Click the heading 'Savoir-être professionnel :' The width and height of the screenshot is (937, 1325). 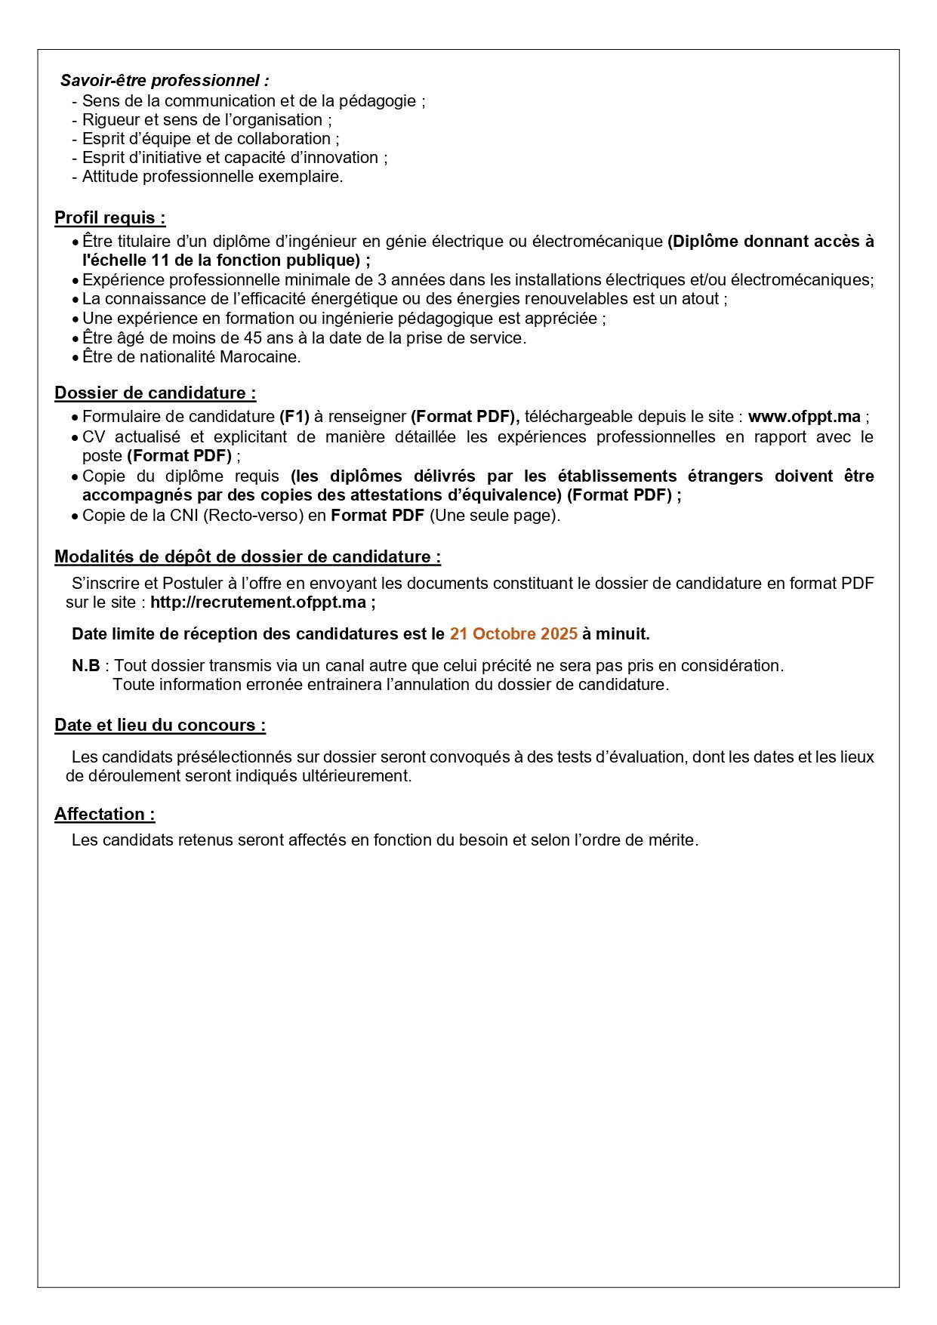[x=165, y=80]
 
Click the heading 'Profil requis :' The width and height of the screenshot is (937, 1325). [x=109, y=217]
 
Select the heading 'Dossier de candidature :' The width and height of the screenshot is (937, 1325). [x=155, y=393]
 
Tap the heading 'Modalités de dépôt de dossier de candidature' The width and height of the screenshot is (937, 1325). [x=247, y=556]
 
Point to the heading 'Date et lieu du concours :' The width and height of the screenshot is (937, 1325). [x=159, y=725]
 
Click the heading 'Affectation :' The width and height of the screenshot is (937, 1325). [x=104, y=814]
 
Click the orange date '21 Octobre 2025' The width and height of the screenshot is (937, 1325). [x=513, y=633]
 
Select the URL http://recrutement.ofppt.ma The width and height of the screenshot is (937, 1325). [x=258, y=602]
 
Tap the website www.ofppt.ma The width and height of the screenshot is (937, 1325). [x=804, y=416]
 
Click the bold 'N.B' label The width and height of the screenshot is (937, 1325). [x=85, y=665]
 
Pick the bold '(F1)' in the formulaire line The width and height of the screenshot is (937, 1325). [x=294, y=416]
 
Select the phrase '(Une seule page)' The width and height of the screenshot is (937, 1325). [x=495, y=515]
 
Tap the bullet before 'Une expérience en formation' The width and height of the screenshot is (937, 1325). [x=75, y=319]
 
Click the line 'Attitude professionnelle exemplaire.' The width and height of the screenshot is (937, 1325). [x=212, y=176]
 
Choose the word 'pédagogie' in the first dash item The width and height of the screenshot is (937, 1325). [x=378, y=100]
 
